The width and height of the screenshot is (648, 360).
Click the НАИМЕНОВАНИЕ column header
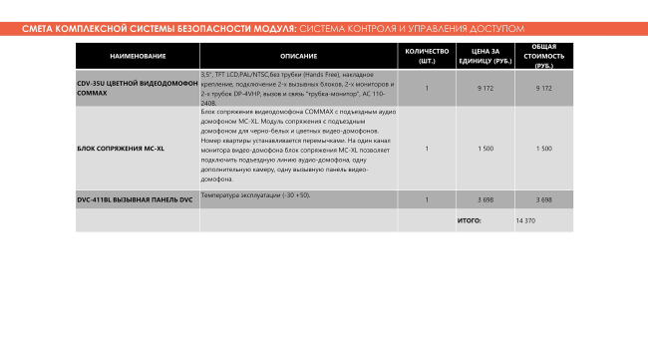138,55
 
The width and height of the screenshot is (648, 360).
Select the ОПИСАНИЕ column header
298,55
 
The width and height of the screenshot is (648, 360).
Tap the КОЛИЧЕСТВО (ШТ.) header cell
427,55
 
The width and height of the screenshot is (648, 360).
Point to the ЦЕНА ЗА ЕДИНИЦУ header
486,55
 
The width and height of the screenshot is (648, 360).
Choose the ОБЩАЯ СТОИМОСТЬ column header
543,55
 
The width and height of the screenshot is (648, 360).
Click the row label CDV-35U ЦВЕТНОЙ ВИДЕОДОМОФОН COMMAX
138,88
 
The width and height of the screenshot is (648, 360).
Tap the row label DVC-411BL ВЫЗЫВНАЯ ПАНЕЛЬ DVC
135,199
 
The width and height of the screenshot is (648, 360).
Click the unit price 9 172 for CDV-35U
486,88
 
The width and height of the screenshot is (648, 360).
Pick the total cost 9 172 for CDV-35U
543,88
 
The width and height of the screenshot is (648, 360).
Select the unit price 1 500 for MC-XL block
486,149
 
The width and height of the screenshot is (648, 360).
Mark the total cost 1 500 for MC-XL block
543,149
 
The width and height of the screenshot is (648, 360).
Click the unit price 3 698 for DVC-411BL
486,199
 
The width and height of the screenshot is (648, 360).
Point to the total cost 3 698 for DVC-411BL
543,199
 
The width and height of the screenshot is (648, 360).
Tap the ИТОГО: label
469,219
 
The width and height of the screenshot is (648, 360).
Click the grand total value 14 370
525,219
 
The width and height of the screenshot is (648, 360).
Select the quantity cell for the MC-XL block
427,149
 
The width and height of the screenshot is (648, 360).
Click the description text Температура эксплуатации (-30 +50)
255,194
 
